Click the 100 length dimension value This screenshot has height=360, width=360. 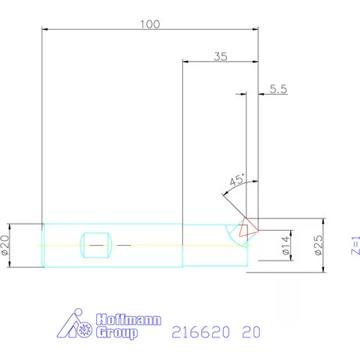click(x=149, y=23)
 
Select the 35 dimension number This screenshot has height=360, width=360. click(x=220, y=56)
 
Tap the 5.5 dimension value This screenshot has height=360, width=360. click(x=279, y=89)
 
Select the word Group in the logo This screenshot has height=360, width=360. click(x=116, y=333)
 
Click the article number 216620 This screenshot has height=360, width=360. click(x=199, y=332)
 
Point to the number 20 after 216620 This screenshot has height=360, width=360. click(x=251, y=332)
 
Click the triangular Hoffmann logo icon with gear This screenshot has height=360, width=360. click(x=78, y=326)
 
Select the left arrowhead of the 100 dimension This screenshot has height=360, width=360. click(x=45, y=30)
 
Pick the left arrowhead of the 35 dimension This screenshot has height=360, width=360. click(x=185, y=62)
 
